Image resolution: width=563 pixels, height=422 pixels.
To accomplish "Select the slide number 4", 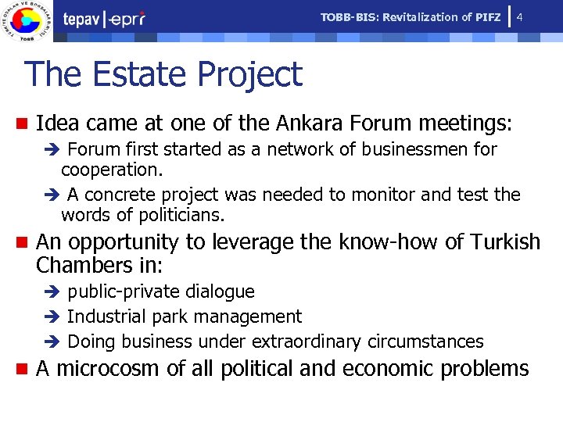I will click(x=520, y=17).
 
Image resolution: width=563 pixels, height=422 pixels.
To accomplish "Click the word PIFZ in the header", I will click(x=488, y=17).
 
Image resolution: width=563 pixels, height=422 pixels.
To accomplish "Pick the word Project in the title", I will click(x=249, y=74).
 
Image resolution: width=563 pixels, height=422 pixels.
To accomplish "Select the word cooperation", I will click(x=110, y=170).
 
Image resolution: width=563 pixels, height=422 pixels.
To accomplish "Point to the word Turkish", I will click(x=505, y=242).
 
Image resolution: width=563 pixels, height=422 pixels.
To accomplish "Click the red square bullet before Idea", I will click(x=22, y=123).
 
